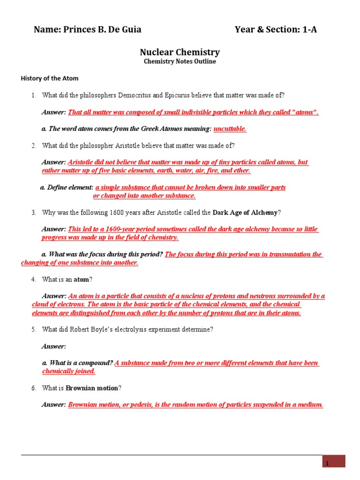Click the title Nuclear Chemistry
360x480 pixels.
tap(180, 52)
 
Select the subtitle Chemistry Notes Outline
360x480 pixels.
tap(180, 61)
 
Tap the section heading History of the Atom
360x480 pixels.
tap(50, 78)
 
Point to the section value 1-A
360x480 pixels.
tap(309, 30)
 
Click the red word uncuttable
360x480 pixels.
tap(230, 128)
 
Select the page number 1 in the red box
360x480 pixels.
tap(328, 463)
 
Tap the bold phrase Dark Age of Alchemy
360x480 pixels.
tap(245, 212)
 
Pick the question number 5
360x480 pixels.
tap(34, 330)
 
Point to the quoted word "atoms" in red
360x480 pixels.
tap(305, 112)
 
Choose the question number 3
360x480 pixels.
tap(34, 212)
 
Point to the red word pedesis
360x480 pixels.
tap(137, 405)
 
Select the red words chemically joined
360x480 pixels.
tap(68, 371)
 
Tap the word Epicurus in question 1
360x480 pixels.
tap(177, 95)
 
